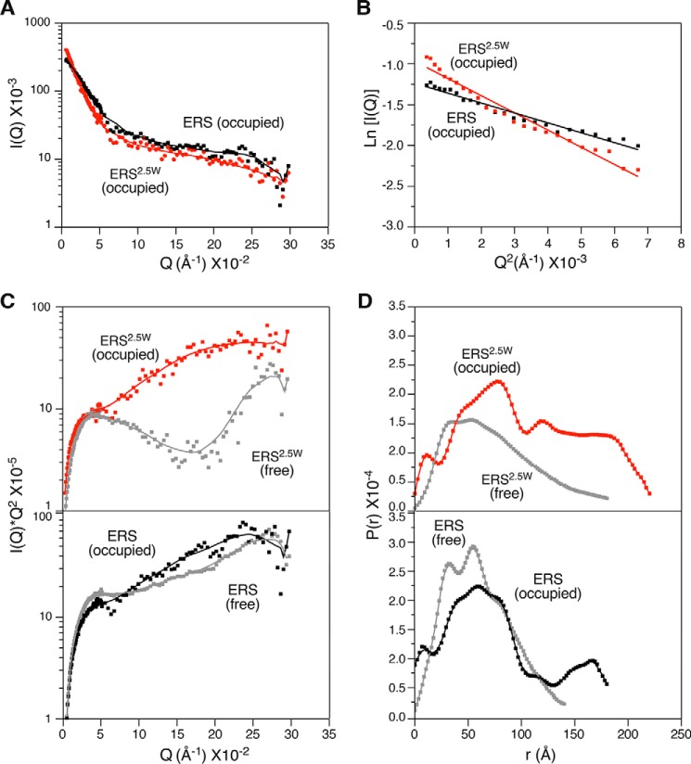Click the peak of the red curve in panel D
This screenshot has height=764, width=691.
coord(499,381)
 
